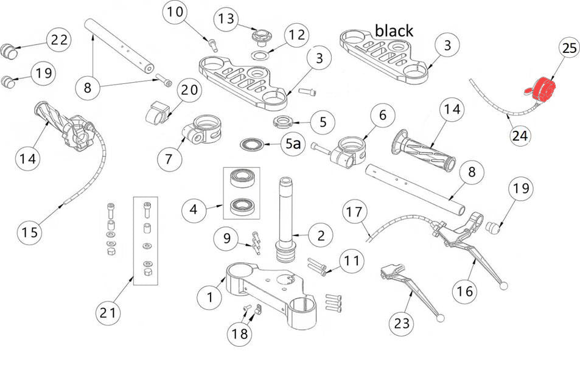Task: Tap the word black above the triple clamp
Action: pyautogui.click(x=393, y=30)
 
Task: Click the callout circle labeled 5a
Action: pyautogui.click(x=293, y=145)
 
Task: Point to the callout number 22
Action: pyautogui.click(x=59, y=40)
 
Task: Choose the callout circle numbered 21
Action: pyautogui.click(x=108, y=313)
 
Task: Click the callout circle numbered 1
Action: pyautogui.click(x=209, y=297)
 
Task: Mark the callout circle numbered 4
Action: pyautogui.click(x=194, y=211)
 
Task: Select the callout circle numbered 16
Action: pyautogui.click(x=464, y=291)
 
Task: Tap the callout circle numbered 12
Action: pyautogui.click(x=296, y=35)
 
